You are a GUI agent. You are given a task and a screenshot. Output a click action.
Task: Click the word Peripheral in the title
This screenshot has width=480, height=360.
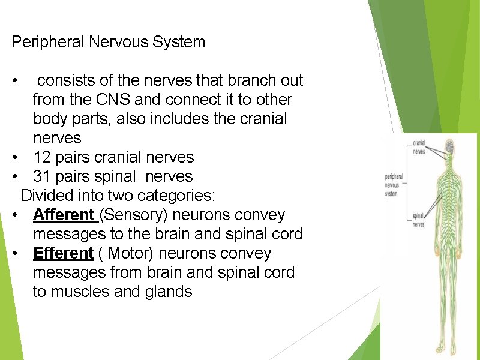(48, 42)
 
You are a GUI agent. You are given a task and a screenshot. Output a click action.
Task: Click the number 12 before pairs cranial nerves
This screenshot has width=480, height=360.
(42, 157)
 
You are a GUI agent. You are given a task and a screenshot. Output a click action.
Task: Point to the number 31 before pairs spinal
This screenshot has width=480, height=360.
(42, 176)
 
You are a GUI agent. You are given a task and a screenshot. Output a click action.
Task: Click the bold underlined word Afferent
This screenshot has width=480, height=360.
(64, 215)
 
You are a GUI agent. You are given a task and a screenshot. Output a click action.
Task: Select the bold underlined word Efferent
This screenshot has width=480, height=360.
(63, 253)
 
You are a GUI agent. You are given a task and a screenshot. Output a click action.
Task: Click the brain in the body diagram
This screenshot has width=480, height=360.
(448, 146)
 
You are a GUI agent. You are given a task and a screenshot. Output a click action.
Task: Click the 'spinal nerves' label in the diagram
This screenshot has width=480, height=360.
(418, 220)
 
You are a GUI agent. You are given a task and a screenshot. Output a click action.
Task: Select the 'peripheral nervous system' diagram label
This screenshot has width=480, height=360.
(395, 185)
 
